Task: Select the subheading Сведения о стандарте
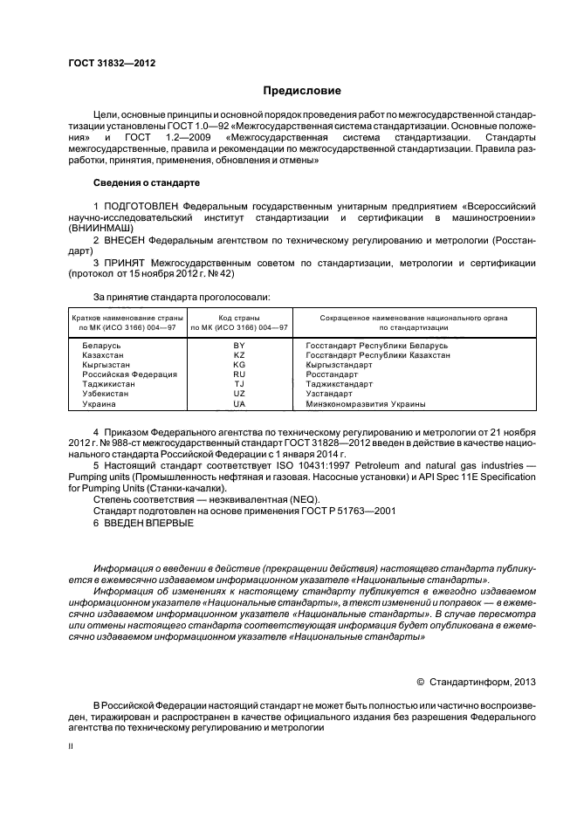coord(147,183)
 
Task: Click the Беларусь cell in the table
coord(101,346)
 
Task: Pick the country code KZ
coord(239,355)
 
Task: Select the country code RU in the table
coord(239,374)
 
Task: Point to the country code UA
coord(239,404)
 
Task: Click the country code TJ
coord(239,384)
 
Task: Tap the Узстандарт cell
coord(333,395)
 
